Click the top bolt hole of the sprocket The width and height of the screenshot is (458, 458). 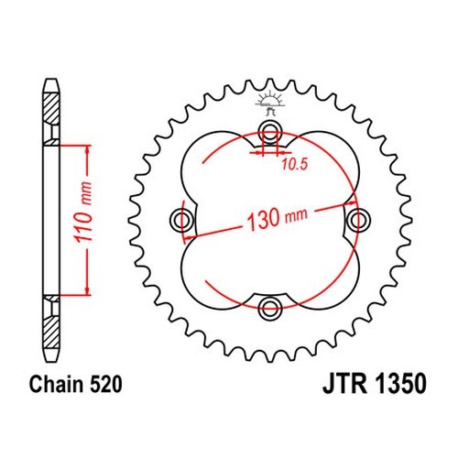270,132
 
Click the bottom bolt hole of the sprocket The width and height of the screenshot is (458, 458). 270,308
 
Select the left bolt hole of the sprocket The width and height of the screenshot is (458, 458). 181,220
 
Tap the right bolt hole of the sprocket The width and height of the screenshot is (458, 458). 359,220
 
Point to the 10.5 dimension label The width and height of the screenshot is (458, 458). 294,165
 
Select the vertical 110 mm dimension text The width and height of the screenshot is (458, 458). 83,213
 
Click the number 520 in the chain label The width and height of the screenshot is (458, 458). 106,384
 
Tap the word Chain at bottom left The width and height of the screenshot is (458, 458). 57,384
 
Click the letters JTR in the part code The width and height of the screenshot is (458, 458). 344,384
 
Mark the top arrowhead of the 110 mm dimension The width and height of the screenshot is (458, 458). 88,149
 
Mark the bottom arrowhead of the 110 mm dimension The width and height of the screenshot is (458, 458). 88,290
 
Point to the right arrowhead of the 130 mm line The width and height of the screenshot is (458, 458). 352,202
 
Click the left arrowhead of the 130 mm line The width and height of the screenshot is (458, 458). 190,237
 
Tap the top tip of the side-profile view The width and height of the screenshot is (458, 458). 50,79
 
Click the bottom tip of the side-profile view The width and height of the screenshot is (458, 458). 50,362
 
